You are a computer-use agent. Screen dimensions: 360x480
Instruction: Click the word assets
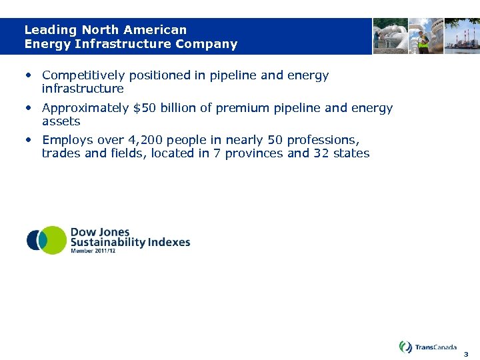pyautogui.click(x=61, y=121)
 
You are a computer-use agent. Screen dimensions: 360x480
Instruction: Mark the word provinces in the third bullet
pyautogui.click(x=254, y=153)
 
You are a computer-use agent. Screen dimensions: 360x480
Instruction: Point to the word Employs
pyautogui.click(x=63, y=140)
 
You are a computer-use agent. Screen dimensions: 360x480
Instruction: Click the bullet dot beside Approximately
pyautogui.click(x=29, y=108)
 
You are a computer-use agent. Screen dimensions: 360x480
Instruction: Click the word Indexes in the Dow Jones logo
pyautogui.click(x=169, y=242)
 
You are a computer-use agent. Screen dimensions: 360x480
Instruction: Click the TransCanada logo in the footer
pyautogui.click(x=428, y=347)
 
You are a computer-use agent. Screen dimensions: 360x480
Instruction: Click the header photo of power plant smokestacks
pyautogui.click(x=462, y=36)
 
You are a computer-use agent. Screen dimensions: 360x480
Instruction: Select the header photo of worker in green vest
pyautogui.click(x=425, y=36)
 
